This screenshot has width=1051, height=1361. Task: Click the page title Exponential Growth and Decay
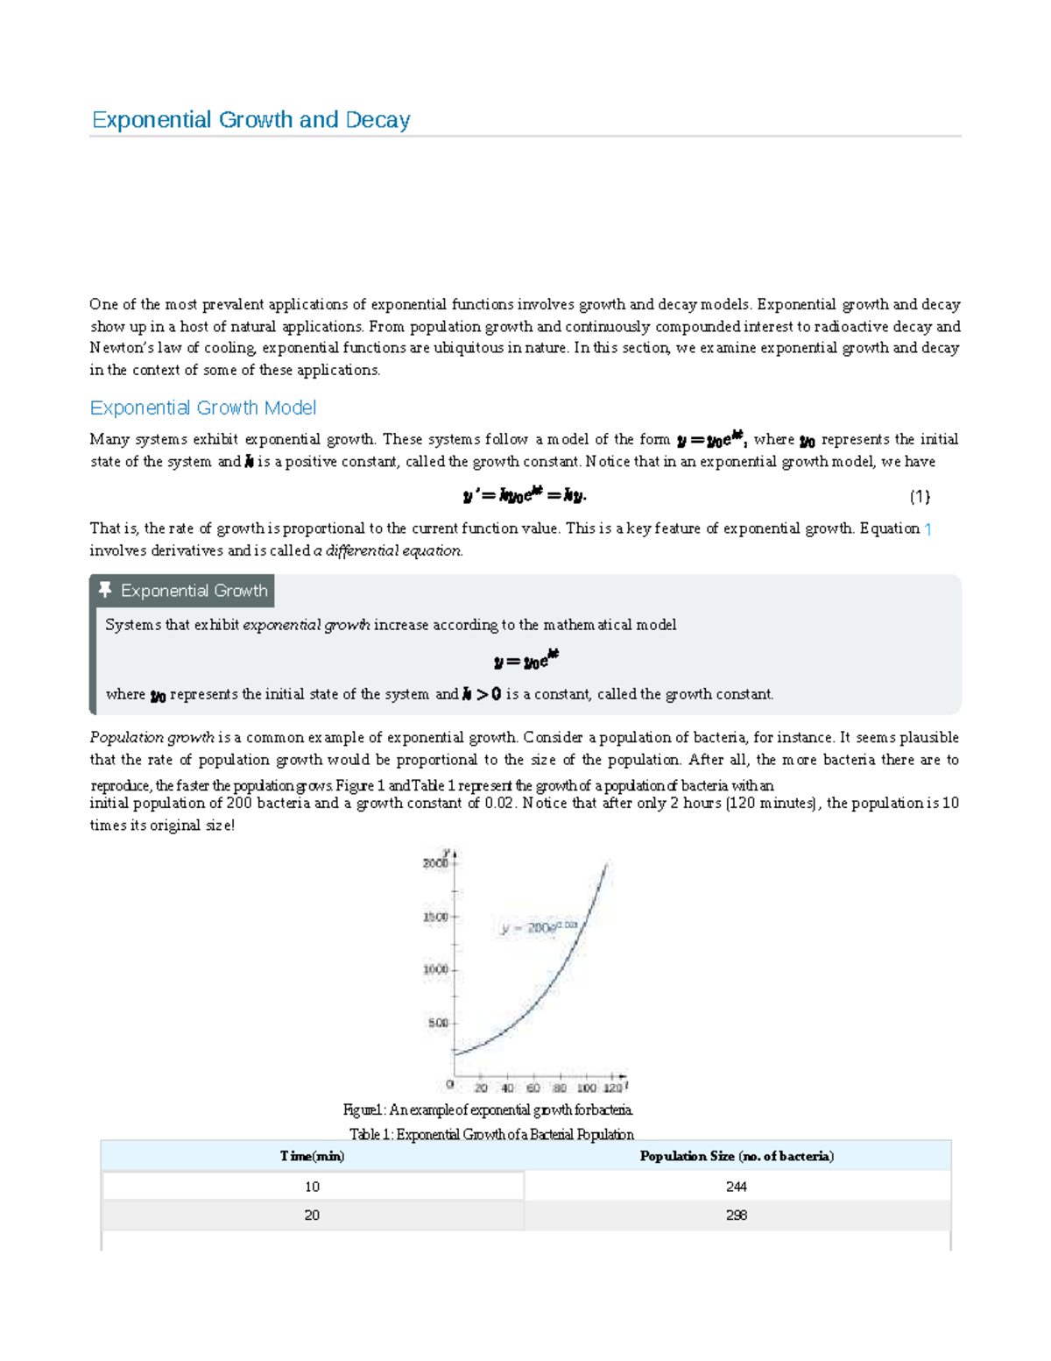point(250,120)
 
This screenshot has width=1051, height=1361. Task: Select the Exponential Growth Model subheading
point(202,408)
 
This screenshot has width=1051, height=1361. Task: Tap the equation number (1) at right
point(919,497)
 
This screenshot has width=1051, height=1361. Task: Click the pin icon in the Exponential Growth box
point(105,590)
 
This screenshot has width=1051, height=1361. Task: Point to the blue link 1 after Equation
point(928,528)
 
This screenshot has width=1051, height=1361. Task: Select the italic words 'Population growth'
point(152,737)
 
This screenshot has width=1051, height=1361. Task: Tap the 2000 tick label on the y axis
point(434,863)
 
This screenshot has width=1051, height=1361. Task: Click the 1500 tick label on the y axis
point(434,917)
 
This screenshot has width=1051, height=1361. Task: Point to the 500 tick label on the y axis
point(437,1023)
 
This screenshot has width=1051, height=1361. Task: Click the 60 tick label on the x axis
point(533,1088)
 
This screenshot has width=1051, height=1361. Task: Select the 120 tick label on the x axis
point(612,1088)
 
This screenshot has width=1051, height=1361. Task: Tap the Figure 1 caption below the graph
point(488,1110)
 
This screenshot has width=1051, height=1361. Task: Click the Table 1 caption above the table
point(491,1134)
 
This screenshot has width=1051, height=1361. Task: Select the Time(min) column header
point(312,1156)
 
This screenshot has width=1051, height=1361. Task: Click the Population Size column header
point(736,1156)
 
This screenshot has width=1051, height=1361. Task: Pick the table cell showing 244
point(736,1187)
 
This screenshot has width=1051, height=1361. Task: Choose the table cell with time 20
point(312,1216)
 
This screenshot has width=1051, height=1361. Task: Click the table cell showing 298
point(736,1216)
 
